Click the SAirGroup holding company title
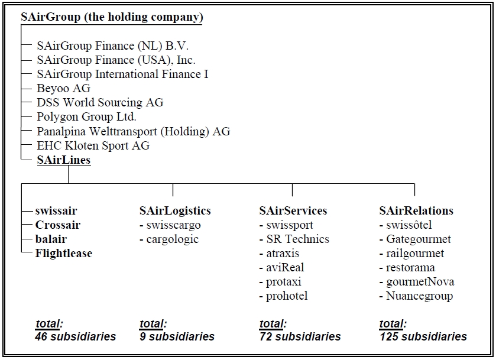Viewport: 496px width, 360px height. point(112,17)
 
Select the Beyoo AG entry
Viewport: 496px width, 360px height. point(64,88)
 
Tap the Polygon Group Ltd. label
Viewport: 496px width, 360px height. point(86,116)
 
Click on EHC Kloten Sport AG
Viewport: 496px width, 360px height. point(93,145)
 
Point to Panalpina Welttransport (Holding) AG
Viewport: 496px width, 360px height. point(134,131)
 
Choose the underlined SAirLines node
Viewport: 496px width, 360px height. point(64,160)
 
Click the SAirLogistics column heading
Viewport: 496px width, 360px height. point(175,210)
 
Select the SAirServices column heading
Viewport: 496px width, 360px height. point(293,210)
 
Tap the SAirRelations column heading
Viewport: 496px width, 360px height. point(416,210)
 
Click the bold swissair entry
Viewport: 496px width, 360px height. point(56,210)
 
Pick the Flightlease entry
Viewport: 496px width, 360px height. point(64,254)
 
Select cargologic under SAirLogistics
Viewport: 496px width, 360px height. point(173,239)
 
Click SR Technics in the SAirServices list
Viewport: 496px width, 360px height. point(298,239)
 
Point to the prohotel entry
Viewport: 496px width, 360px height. point(287,296)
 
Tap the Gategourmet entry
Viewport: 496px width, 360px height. point(419,239)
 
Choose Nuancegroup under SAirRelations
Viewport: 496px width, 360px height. point(420,296)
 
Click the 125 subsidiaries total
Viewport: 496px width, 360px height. point(423,336)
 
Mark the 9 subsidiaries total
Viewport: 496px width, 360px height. point(177,336)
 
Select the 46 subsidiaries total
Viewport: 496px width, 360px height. point(76,336)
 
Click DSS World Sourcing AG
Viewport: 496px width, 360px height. point(100,103)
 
